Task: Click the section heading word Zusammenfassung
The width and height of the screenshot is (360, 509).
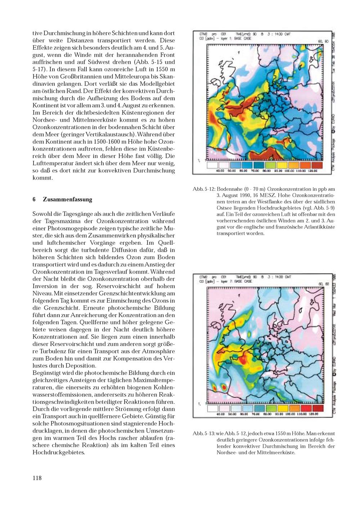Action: point(67,199)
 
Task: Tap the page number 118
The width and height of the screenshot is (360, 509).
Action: point(37,478)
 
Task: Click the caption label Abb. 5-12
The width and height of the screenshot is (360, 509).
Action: point(204,189)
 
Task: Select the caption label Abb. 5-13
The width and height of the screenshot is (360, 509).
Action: point(204,433)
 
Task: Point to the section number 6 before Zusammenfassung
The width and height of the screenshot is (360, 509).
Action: point(34,199)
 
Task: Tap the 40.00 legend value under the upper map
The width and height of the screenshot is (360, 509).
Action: point(220,171)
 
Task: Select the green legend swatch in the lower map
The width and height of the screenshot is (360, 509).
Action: point(269,408)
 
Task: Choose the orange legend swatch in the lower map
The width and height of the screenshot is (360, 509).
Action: point(293,408)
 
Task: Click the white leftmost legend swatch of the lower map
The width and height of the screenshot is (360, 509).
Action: point(213,408)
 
